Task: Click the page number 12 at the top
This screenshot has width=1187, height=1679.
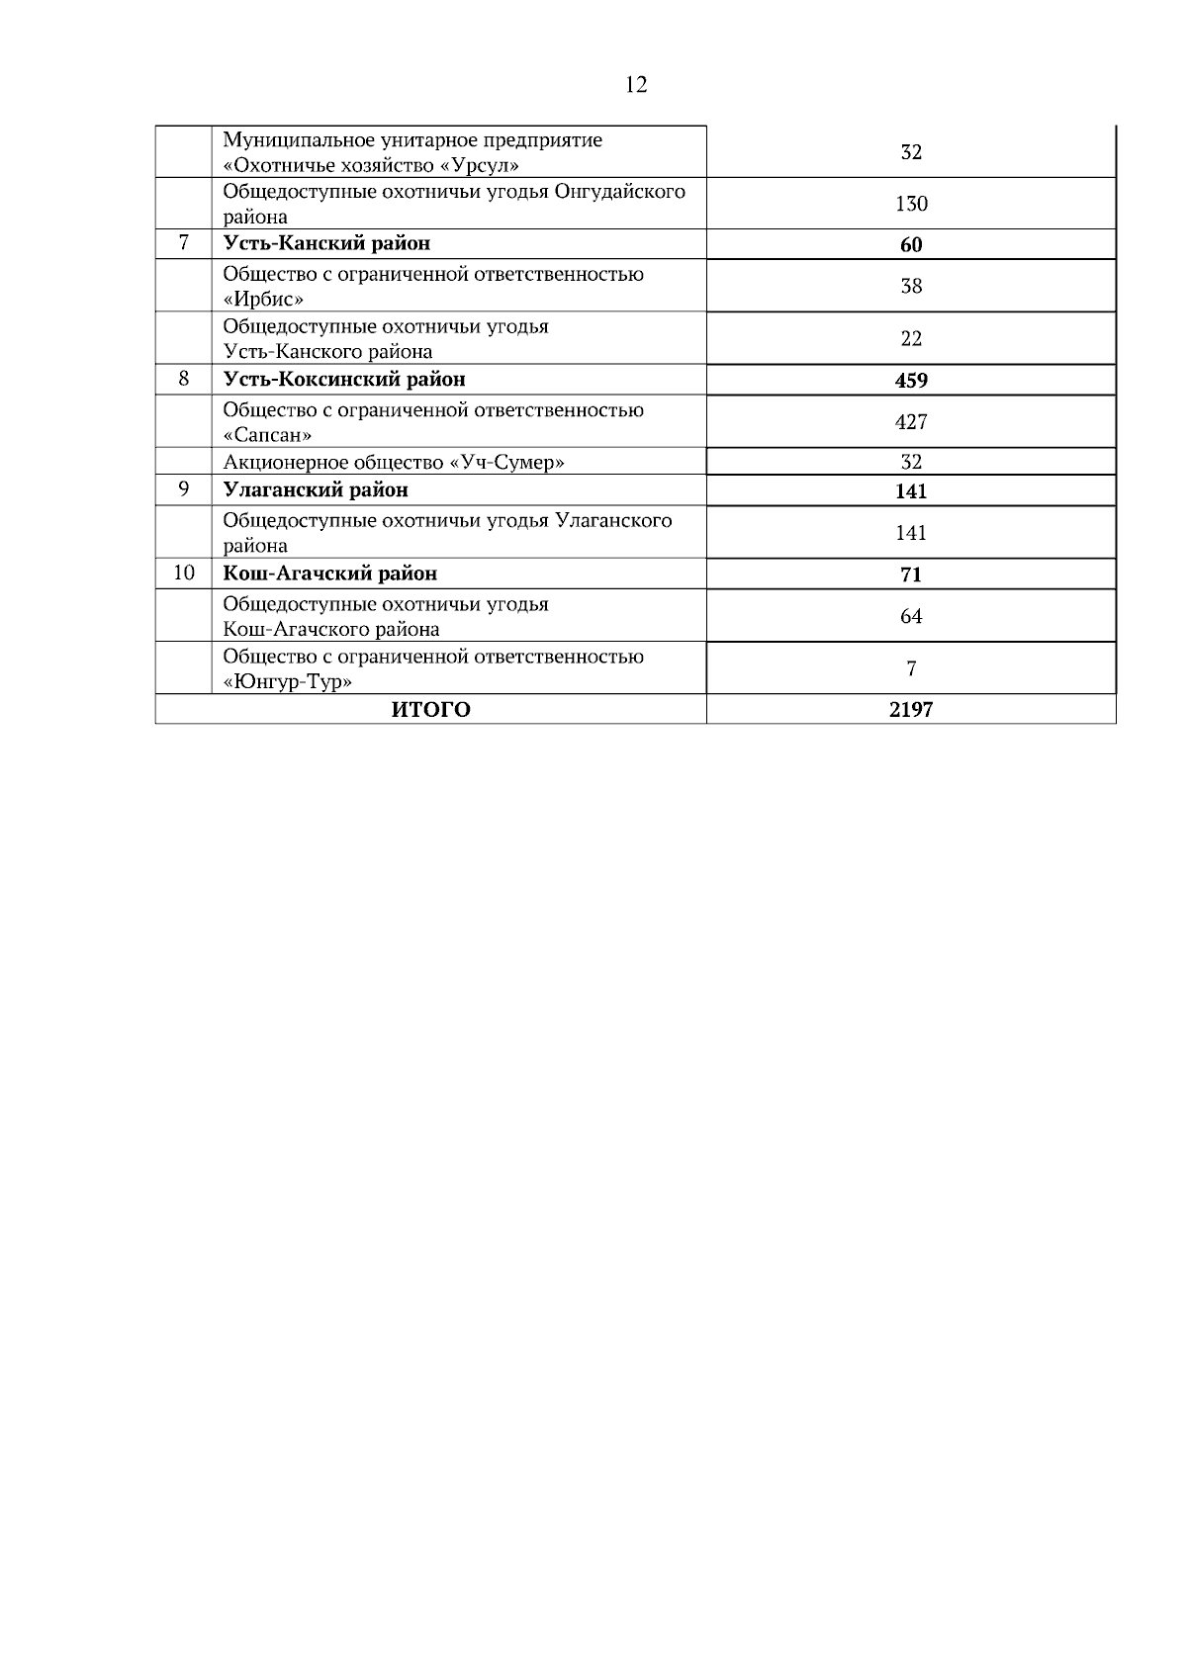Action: tap(636, 85)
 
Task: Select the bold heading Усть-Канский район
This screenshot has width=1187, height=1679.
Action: tap(326, 243)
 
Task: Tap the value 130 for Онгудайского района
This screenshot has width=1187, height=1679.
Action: tap(911, 204)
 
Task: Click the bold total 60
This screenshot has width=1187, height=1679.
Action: tap(911, 245)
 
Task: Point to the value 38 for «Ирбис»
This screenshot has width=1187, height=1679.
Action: tap(911, 286)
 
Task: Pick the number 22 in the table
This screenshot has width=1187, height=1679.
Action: tap(911, 338)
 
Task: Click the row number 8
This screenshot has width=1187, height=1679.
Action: tap(184, 379)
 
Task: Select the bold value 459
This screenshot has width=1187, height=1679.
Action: tap(911, 381)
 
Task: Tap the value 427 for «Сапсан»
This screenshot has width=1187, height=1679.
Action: tap(911, 422)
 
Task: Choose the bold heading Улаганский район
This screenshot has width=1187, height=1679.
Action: tap(316, 490)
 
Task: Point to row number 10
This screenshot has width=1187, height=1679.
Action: tap(184, 573)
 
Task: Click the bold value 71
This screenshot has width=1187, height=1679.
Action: tap(911, 574)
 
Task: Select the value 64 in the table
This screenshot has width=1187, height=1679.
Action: tap(911, 616)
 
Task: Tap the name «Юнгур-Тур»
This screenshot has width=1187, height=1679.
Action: tap(288, 681)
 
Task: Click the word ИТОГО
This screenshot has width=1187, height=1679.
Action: tap(431, 709)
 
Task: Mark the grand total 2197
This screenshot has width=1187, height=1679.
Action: tap(911, 709)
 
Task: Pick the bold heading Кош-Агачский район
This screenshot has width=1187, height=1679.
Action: tap(330, 574)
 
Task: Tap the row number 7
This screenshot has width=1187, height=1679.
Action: tap(184, 242)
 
